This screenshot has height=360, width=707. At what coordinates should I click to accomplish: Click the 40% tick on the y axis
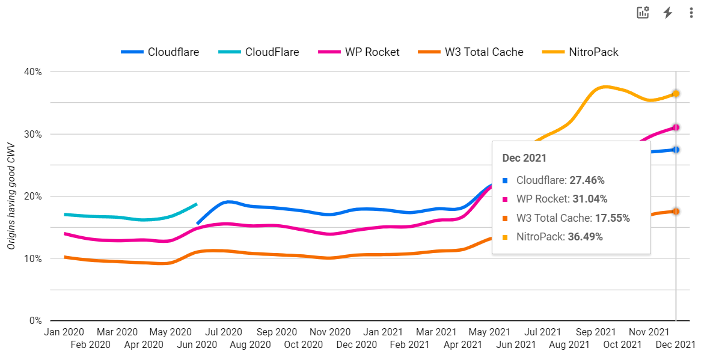point(33,72)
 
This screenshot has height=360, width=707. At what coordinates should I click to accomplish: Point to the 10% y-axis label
point(33,259)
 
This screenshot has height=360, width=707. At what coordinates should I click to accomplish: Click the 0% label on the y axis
point(35,321)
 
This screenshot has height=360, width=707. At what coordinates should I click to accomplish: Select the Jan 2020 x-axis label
point(64,332)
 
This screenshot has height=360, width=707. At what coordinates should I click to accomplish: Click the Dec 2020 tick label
point(357,344)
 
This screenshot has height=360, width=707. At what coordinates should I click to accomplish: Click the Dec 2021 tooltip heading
point(524,158)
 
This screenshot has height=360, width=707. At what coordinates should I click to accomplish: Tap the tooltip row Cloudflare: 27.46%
point(560,180)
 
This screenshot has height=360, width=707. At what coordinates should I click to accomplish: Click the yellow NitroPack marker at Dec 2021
point(676,94)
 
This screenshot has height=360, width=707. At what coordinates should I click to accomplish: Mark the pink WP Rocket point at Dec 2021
point(676,127)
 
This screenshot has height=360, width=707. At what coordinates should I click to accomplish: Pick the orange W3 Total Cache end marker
point(676,212)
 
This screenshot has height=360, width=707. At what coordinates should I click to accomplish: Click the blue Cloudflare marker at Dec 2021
point(676,150)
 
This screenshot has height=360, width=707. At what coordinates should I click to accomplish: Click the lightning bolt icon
point(667,13)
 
